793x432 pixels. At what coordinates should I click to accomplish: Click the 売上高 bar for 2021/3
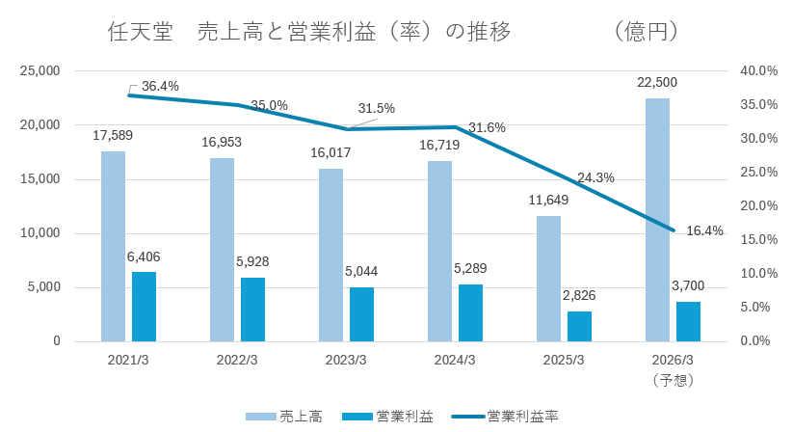[x=113, y=246]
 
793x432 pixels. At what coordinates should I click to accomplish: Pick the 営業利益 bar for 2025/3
[x=579, y=326]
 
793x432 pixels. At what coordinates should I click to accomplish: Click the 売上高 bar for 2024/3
[x=439, y=251]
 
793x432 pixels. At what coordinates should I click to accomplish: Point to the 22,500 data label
[x=657, y=82]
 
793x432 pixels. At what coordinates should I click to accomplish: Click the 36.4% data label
[x=160, y=87]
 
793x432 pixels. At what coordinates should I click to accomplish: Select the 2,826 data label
[x=579, y=294]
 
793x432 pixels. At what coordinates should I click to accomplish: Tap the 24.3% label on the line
[x=596, y=177]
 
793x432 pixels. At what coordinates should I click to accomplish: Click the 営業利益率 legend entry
[x=510, y=416]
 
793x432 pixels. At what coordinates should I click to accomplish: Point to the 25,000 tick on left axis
[x=40, y=71]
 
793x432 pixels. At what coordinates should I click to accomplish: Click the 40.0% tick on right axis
[x=757, y=71]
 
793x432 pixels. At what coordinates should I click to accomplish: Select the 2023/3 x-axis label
[x=345, y=361]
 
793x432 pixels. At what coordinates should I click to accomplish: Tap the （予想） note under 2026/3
[x=673, y=380]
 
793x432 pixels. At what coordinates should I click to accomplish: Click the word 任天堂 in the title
[x=140, y=31]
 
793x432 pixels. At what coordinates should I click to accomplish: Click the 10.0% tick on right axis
[x=757, y=274]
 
